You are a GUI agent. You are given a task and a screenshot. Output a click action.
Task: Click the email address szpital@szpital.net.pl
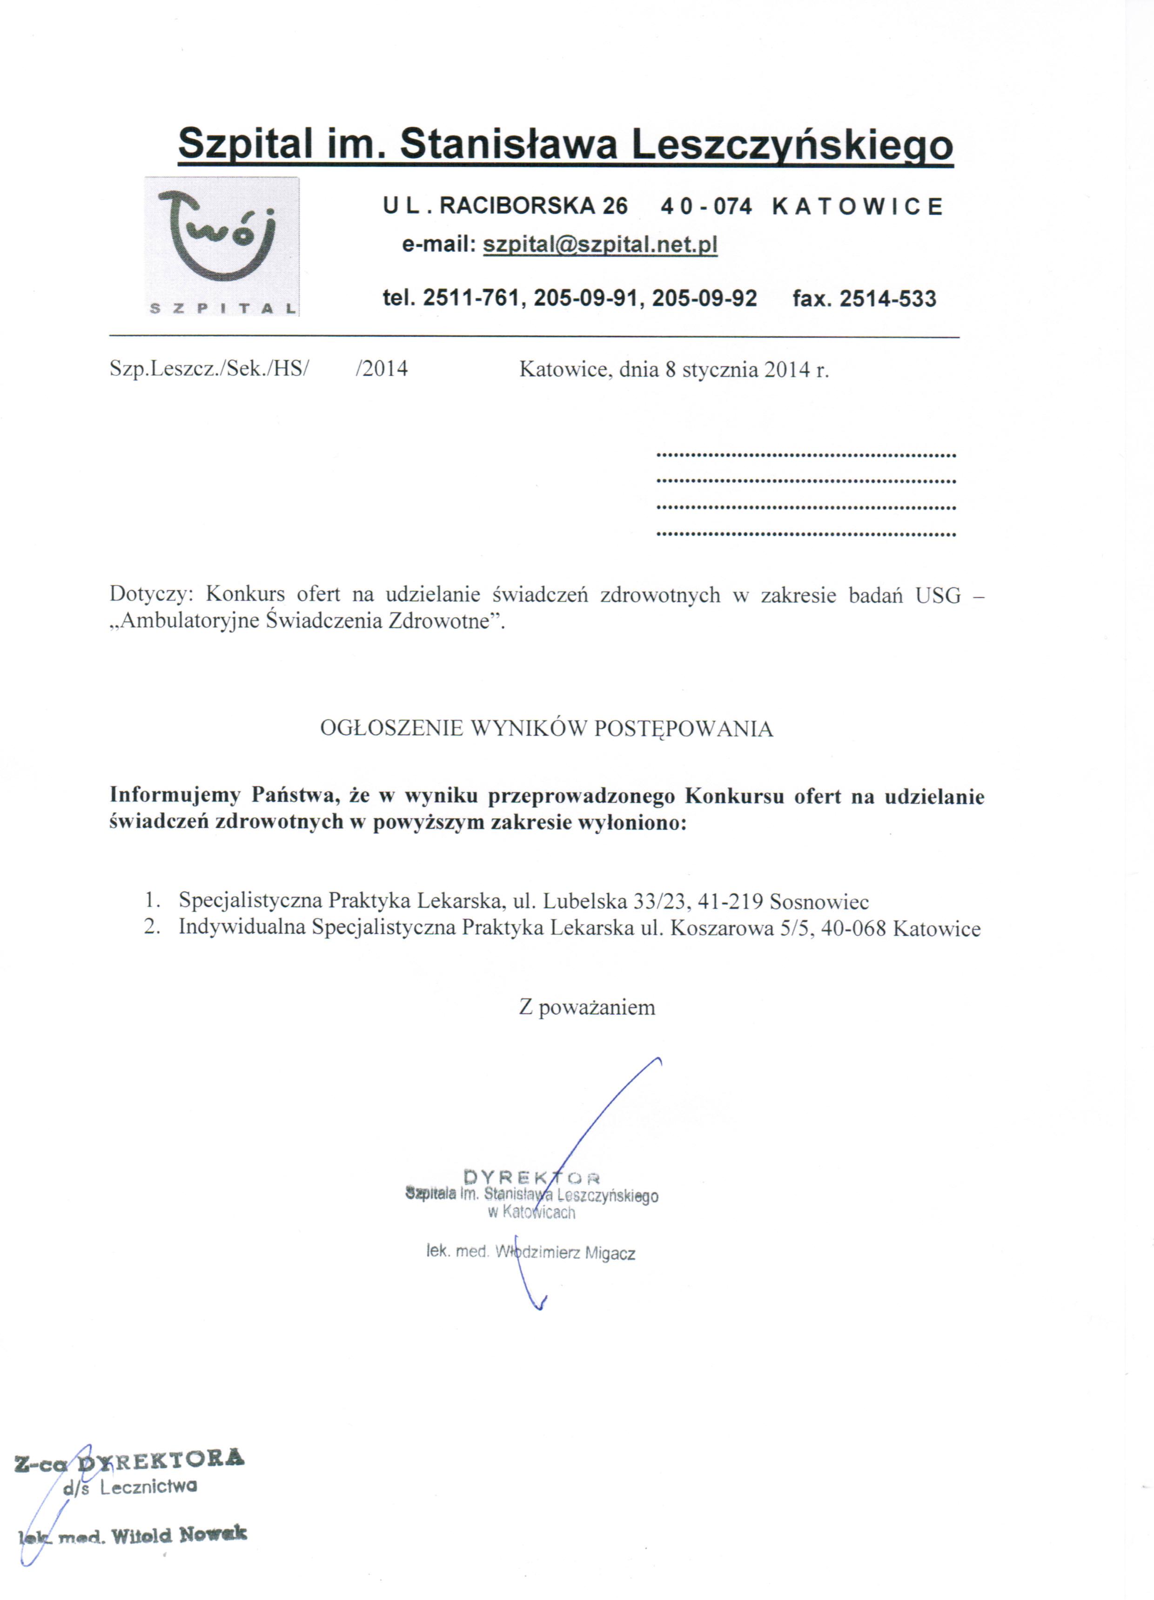click(x=600, y=245)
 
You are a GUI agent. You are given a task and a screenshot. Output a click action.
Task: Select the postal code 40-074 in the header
click(x=706, y=207)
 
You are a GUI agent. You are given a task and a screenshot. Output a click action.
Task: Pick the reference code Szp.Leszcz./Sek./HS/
click(x=209, y=369)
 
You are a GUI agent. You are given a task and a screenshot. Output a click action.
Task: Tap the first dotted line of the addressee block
click(x=805, y=455)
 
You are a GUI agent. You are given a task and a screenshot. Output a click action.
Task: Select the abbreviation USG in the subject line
click(x=938, y=595)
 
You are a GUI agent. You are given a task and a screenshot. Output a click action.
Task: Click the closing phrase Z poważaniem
click(x=587, y=1007)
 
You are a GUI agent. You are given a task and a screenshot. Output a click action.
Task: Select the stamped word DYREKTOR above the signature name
click(x=532, y=1177)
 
